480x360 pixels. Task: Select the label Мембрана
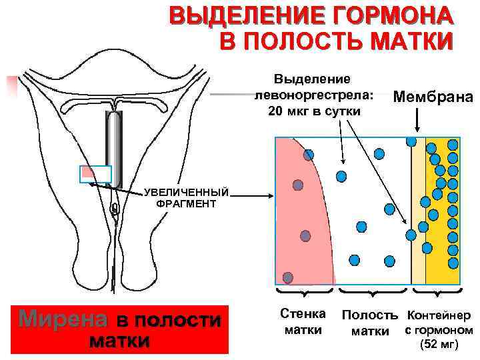(x=433, y=97)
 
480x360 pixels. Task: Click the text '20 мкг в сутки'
(x=313, y=110)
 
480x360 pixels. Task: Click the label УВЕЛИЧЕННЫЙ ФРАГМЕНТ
(x=186, y=198)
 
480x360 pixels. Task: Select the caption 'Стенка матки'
(x=303, y=321)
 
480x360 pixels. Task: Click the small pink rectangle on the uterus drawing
(x=95, y=173)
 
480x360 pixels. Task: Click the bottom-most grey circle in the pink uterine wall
(x=288, y=277)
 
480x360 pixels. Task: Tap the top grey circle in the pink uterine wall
(x=309, y=155)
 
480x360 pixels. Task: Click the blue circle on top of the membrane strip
(x=411, y=141)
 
